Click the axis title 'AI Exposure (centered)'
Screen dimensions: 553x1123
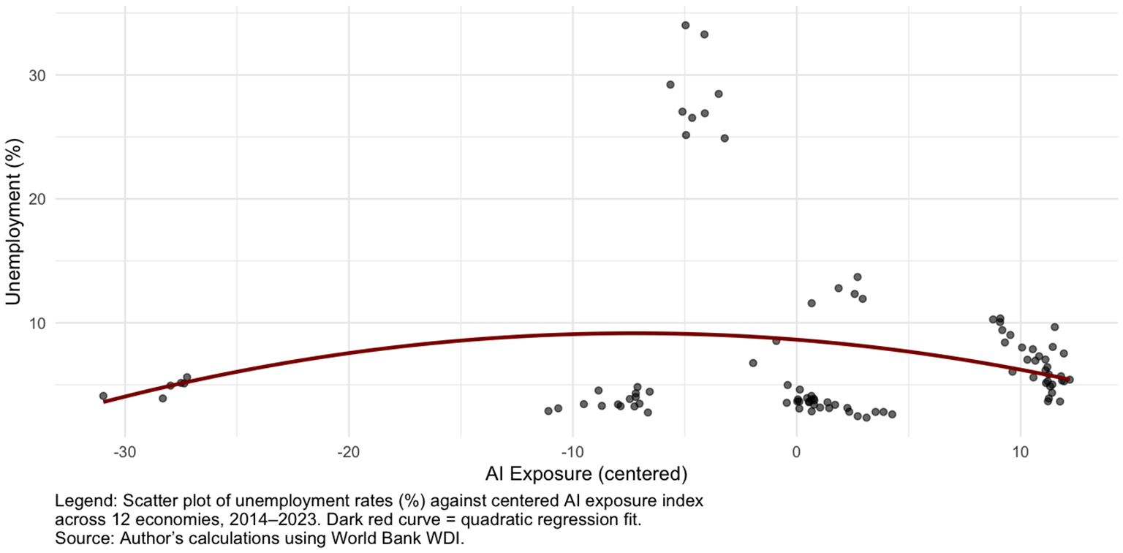(x=586, y=474)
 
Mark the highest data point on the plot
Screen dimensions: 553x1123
(x=685, y=25)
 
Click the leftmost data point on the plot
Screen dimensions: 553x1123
(x=103, y=396)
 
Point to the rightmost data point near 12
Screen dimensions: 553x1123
(x=1070, y=380)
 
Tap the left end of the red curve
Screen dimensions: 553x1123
(x=105, y=401)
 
